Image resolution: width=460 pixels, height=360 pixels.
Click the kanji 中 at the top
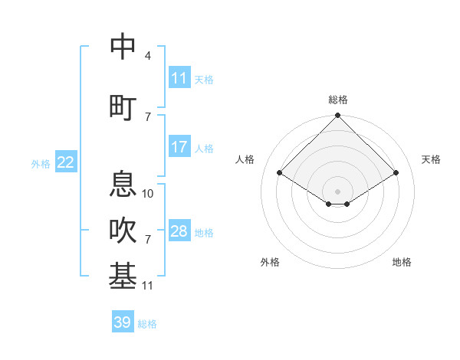click(123, 47)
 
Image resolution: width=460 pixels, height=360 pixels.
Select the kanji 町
click(123, 106)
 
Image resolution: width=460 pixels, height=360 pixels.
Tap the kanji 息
click(123, 185)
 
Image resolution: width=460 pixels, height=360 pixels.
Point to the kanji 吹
click(123, 231)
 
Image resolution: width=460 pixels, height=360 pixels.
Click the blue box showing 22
click(66, 162)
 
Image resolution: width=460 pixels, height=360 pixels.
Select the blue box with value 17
click(179, 147)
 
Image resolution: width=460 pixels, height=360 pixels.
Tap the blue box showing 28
click(179, 231)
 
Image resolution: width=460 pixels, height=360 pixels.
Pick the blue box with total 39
click(122, 322)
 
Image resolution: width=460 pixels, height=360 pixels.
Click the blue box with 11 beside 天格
click(179, 78)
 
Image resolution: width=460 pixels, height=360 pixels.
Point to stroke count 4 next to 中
click(148, 56)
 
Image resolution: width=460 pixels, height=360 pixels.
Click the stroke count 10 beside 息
click(149, 194)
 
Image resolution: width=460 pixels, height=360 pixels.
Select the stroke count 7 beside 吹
click(148, 240)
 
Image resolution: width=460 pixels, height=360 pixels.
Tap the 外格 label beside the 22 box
click(41, 163)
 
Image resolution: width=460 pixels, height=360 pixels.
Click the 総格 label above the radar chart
click(338, 100)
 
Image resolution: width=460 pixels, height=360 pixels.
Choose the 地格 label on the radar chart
click(402, 262)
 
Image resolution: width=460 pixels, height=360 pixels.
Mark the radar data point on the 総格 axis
click(337, 116)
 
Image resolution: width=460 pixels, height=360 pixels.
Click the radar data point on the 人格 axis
click(280, 173)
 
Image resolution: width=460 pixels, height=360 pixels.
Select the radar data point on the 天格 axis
click(396, 173)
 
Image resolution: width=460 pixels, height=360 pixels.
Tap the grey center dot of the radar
click(337, 191)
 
